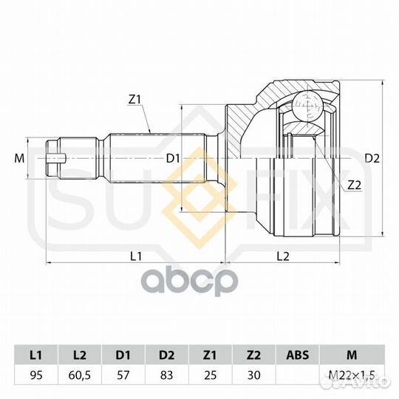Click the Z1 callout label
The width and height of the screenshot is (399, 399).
[x=134, y=100]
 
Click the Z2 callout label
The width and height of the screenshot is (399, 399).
[x=354, y=185]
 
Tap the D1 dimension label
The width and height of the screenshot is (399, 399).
[x=173, y=159]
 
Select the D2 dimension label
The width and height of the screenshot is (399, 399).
[x=372, y=159]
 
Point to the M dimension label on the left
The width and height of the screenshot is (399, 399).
[x=19, y=159]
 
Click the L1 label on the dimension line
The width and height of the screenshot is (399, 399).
[x=136, y=256]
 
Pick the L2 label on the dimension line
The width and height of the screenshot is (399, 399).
[x=283, y=256]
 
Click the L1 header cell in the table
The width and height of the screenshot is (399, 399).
[x=36, y=355]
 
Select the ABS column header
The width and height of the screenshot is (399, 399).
[x=298, y=355]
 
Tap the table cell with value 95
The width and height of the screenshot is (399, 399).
[x=36, y=375]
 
